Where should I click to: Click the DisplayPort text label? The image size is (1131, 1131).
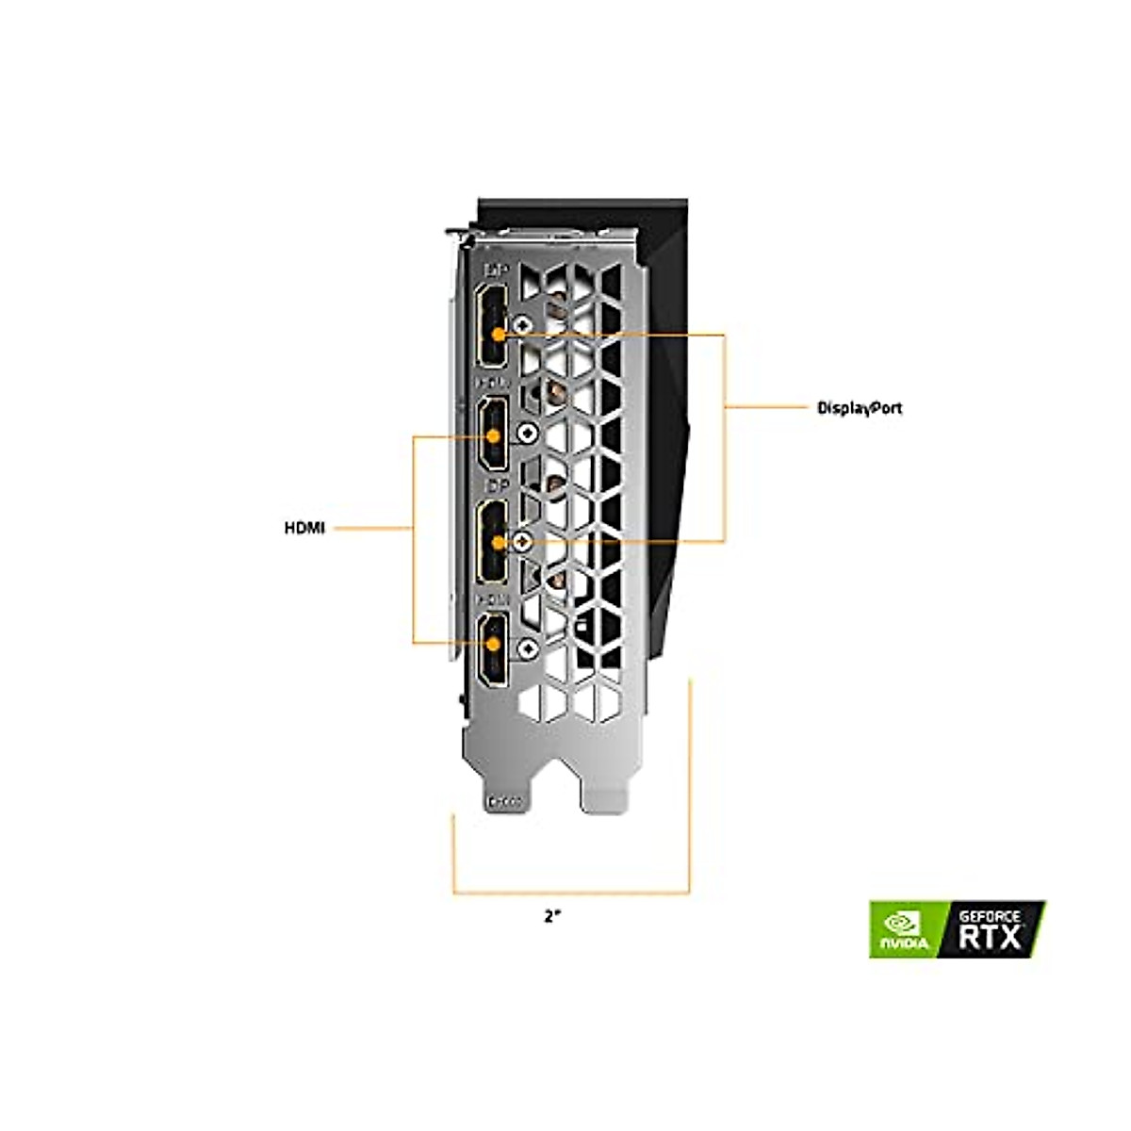click(859, 408)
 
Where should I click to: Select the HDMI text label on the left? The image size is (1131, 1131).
click(304, 529)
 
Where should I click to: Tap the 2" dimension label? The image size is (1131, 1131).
click(552, 915)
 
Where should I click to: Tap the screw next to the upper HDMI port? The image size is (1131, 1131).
click(528, 434)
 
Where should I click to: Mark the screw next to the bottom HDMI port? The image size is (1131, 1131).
click(528, 647)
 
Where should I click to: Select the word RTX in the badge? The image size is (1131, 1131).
click(989, 937)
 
